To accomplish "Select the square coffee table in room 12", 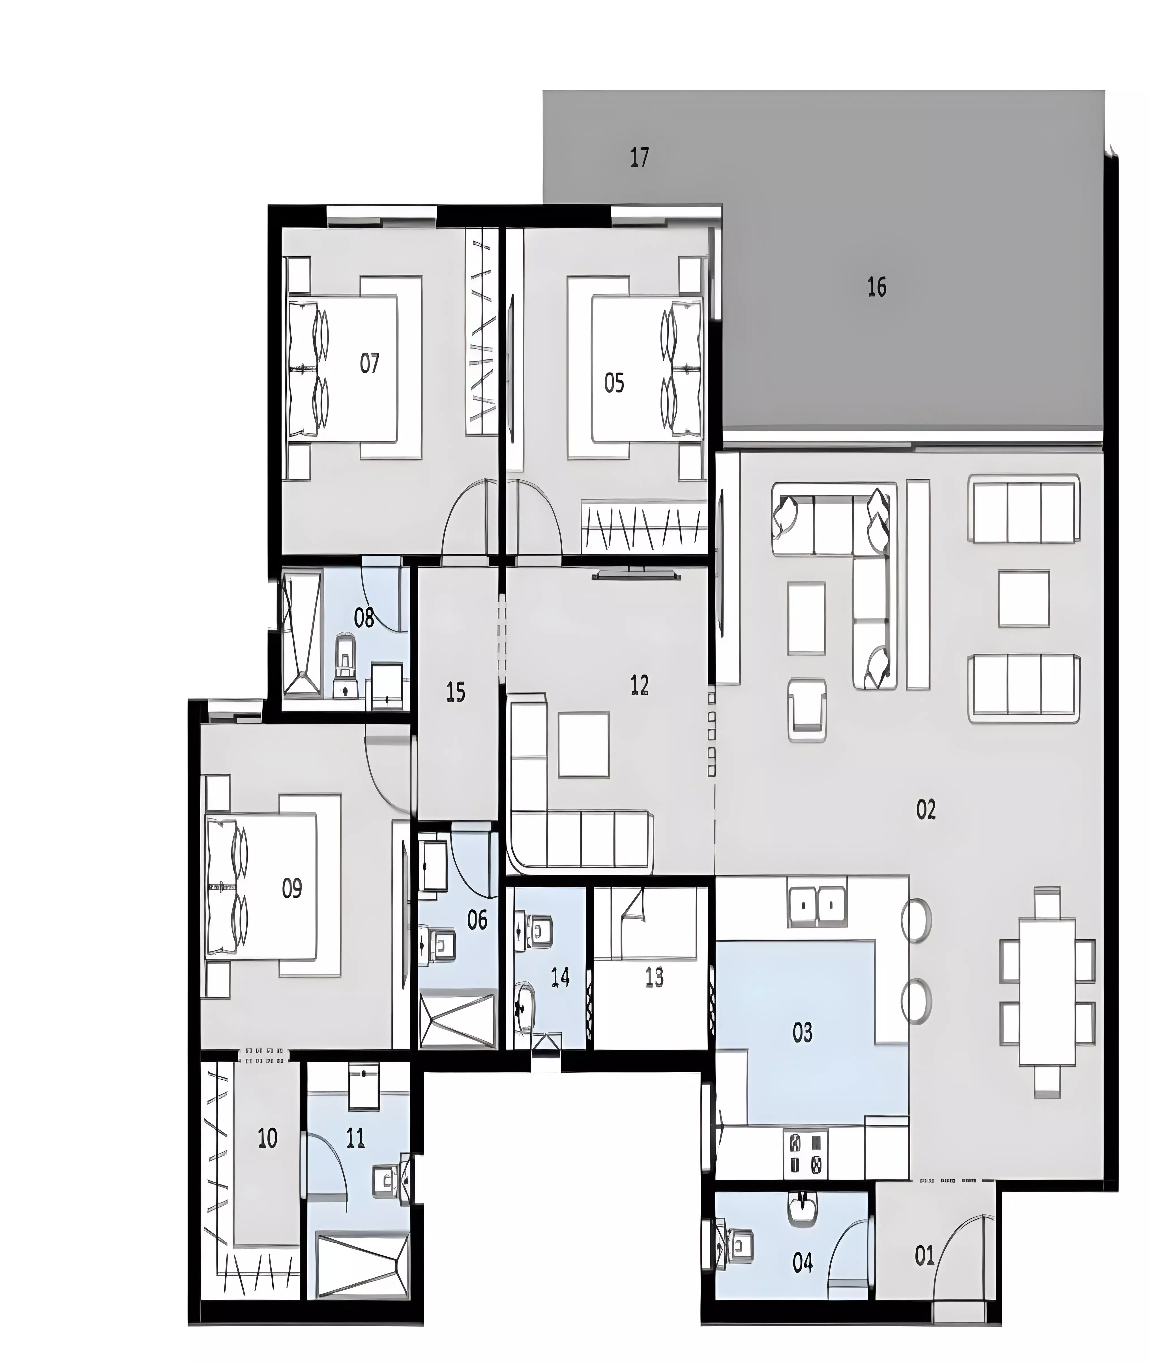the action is (583, 745).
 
